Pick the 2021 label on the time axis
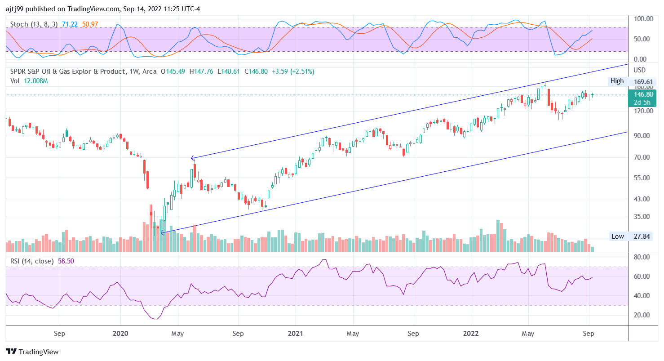(x=295, y=334)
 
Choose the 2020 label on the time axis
(x=120, y=334)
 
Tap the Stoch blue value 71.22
(x=69, y=24)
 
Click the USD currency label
(x=639, y=70)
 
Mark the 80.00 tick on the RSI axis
(x=642, y=257)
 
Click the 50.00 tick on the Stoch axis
(x=642, y=39)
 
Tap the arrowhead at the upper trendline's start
(x=192, y=158)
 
